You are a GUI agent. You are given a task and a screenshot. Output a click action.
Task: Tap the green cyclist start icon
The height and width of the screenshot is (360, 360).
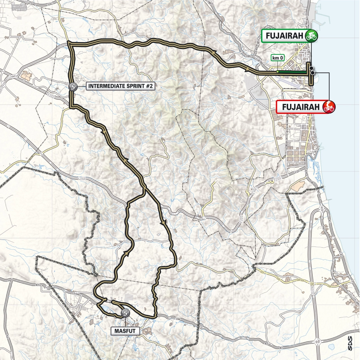tap(312, 36)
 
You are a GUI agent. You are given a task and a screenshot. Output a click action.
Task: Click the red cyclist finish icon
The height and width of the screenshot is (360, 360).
tap(329, 107)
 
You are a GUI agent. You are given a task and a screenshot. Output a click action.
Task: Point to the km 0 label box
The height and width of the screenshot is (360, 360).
tap(277, 58)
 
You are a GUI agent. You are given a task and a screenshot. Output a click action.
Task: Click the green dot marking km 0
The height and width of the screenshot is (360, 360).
tap(277, 72)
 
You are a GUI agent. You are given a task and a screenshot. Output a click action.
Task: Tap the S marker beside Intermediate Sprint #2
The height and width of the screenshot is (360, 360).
tap(73, 86)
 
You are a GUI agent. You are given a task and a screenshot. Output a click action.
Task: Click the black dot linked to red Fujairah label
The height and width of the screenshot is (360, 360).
tap(312, 73)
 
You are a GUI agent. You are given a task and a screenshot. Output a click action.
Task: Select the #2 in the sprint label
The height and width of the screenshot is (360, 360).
tap(149, 86)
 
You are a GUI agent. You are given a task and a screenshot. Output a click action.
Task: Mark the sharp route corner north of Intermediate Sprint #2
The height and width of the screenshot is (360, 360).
tap(69, 43)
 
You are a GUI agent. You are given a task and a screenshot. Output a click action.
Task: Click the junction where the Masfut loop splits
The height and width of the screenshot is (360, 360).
tap(144, 188)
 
